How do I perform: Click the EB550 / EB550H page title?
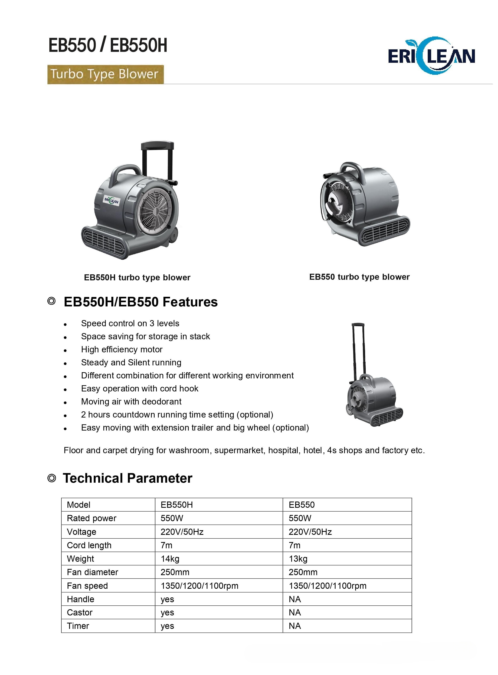[108, 46]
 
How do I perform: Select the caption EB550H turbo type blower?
[137, 278]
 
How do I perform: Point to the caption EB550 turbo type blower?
[359, 277]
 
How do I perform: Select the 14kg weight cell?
[170, 559]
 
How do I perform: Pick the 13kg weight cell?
[298, 559]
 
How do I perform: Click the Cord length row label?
[89, 545]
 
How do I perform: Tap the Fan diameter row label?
[93, 572]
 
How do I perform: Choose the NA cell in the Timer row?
[295, 626]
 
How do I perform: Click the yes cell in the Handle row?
[167, 599]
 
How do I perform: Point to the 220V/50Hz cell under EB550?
[310, 532]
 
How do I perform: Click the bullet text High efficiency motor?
[122, 350]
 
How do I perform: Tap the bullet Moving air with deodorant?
[131, 402]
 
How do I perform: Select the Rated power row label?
[92, 518]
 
